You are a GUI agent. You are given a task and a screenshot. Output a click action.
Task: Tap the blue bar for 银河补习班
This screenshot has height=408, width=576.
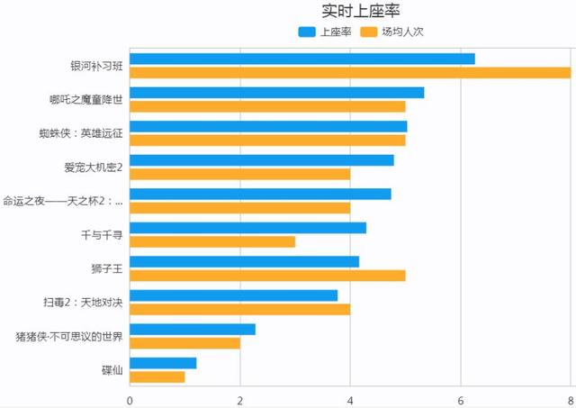click(301, 59)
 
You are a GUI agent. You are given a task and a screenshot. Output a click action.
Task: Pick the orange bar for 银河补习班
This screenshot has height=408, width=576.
click(350, 72)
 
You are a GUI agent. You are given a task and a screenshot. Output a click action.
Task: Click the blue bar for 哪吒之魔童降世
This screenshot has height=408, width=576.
click(276, 93)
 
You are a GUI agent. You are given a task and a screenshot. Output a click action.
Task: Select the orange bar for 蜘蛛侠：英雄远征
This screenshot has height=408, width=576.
click(267, 140)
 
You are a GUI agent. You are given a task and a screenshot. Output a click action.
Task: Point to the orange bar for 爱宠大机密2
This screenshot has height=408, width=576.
click(239, 174)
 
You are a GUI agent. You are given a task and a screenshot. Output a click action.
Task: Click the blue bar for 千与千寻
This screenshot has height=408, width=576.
click(247, 228)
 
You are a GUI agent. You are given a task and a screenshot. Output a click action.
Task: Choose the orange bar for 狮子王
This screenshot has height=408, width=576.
click(267, 275)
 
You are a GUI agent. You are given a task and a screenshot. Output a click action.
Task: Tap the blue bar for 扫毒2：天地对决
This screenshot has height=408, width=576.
click(233, 295)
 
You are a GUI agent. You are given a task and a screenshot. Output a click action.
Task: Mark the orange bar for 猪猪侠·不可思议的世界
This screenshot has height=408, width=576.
click(184, 342)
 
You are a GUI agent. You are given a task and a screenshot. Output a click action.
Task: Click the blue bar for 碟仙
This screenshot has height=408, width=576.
click(163, 363)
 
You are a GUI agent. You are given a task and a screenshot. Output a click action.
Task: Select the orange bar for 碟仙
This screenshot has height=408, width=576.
click(157, 376)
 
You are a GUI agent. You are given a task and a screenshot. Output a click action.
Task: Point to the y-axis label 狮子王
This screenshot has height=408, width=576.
click(106, 268)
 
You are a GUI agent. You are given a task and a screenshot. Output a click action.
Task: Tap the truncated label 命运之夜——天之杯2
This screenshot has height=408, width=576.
click(63, 201)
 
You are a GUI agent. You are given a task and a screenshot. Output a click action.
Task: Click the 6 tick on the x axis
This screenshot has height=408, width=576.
click(461, 400)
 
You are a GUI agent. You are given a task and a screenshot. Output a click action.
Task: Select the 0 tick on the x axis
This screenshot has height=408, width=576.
click(130, 400)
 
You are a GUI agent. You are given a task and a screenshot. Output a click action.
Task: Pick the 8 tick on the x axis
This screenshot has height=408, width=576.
click(570, 400)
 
